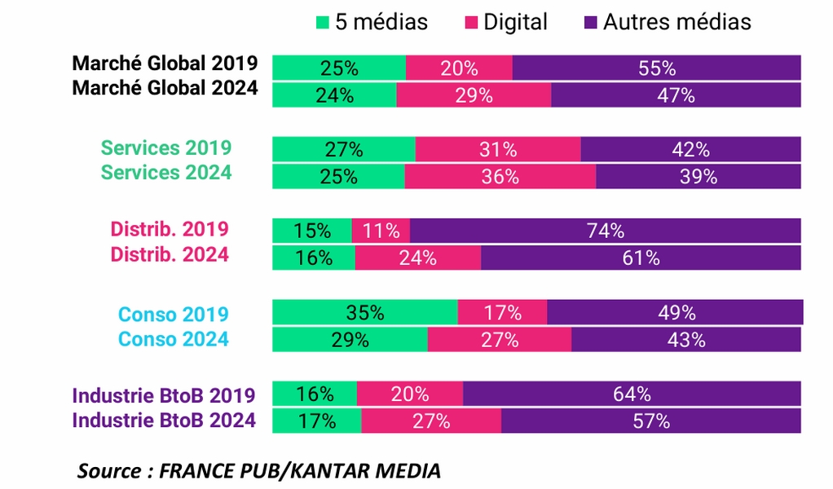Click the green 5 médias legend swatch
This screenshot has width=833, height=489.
click(323, 22)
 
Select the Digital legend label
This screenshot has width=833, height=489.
click(516, 22)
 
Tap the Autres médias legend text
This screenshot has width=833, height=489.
click(677, 22)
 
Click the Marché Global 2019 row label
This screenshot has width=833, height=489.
click(165, 64)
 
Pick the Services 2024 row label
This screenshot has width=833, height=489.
click(165, 172)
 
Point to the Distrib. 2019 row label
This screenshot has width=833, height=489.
click(170, 228)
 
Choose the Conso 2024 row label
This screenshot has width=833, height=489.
click(174, 338)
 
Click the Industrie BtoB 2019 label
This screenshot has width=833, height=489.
click(164, 395)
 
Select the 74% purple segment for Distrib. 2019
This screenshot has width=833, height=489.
click(606, 231)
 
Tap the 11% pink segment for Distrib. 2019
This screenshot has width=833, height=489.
click(381, 231)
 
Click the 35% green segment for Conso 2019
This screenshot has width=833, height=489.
click(364, 312)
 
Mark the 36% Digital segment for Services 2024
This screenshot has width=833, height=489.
click(500, 177)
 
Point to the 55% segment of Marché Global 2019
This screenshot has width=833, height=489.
click(657, 68)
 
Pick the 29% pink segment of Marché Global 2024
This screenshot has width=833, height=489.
click(474, 95)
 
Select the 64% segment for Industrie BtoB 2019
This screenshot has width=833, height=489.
click(632, 394)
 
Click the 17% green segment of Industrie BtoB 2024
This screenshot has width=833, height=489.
click(316, 421)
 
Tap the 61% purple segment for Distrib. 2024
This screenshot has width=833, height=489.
click(641, 258)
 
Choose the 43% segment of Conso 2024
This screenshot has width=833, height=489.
click(686, 340)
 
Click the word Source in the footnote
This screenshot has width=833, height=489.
click(109, 470)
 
